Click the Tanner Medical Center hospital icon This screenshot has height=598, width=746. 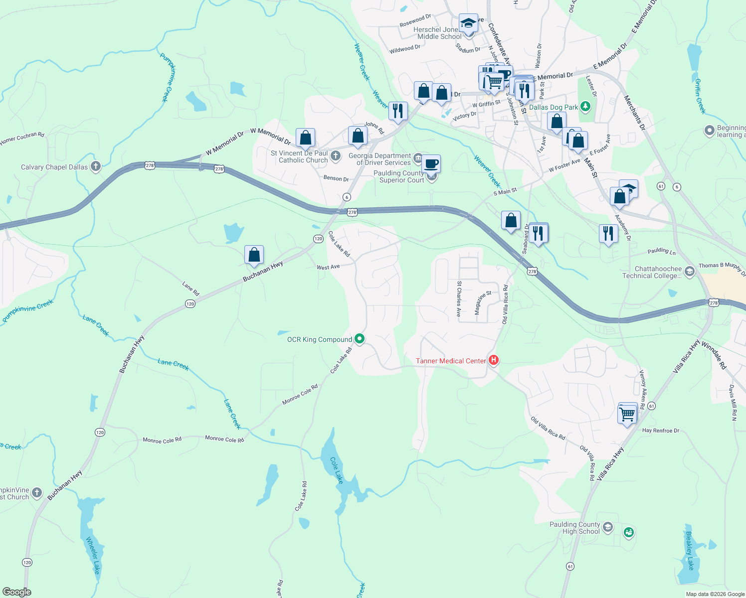(x=494, y=360)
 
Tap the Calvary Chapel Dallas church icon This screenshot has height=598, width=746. (x=95, y=167)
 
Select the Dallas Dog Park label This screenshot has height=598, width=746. (x=554, y=107)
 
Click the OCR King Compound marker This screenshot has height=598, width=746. (x=360, y=339)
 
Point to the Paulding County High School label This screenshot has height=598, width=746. (x=574, y=528)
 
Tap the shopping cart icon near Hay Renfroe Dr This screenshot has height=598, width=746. (x=627, y=414)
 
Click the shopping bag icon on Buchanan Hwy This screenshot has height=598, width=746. (x=254, y=255)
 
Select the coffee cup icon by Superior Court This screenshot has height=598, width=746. (x=431, y=163)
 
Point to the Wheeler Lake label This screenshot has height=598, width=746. (x=93, y=555)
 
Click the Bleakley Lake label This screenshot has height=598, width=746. (x=690, y=551)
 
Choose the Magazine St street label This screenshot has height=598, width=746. (x=482, y=302)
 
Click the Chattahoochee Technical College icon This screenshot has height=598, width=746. (x=690, y=271)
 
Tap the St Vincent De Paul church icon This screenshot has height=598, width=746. (x=336, y=156)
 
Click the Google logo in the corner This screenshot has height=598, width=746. (x=17, y=592)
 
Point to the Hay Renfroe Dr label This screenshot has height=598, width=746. (x=660, y=431)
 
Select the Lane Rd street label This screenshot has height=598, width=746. (x=190, y=289)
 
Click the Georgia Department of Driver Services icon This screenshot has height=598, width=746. (x=418, y=157)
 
